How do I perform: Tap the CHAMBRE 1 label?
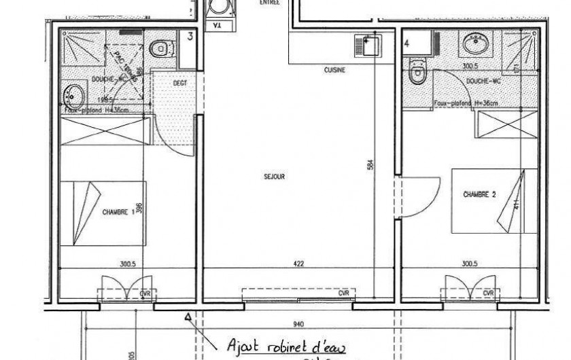click(x=117, y=212)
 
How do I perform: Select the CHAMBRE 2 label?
click(x=480, y=194)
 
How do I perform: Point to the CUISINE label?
click(x=335, y=70)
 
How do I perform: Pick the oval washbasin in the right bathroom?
click(x=474, y=46)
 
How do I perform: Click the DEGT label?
click(x=180, y=83)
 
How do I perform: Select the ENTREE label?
click(x=269, y=3)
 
